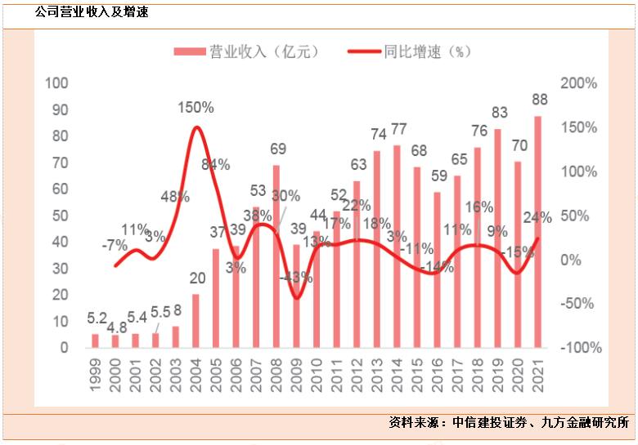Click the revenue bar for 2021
point(537,232)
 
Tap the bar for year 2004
point(195,321)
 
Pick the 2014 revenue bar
point(397,246)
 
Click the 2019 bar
point(497,238)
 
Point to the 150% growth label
point(197,107)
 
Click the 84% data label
point(215,164)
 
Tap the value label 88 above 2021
point(539,99)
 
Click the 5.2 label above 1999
point(95,317)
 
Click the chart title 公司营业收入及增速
point(92,11)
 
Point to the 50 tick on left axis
point(60,216)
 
